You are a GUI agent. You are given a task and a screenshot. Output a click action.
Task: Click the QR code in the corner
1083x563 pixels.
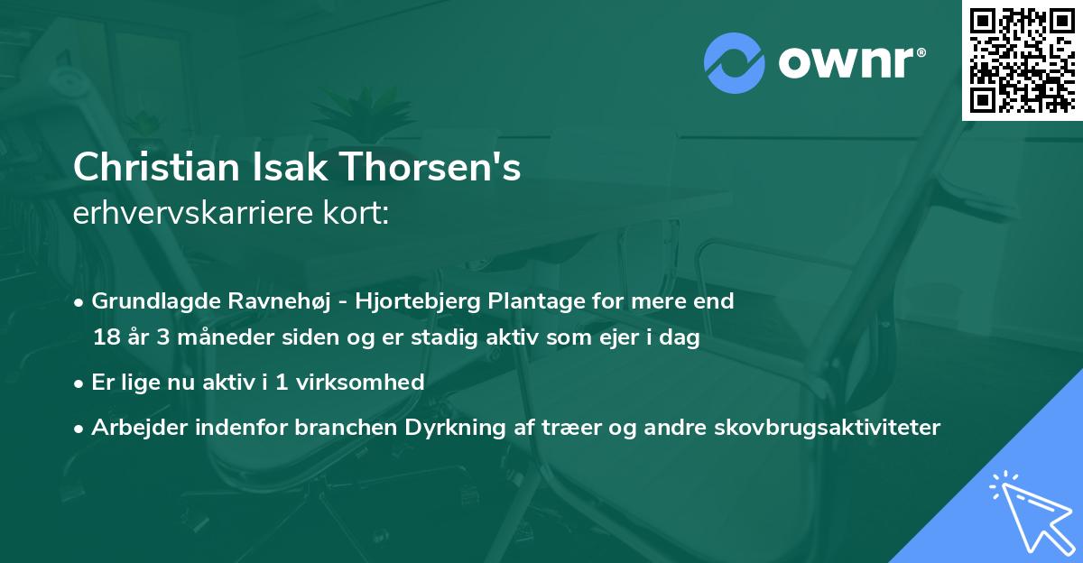tap(1022, 60)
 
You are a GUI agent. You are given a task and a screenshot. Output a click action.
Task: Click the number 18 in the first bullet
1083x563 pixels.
tap(106, 338)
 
